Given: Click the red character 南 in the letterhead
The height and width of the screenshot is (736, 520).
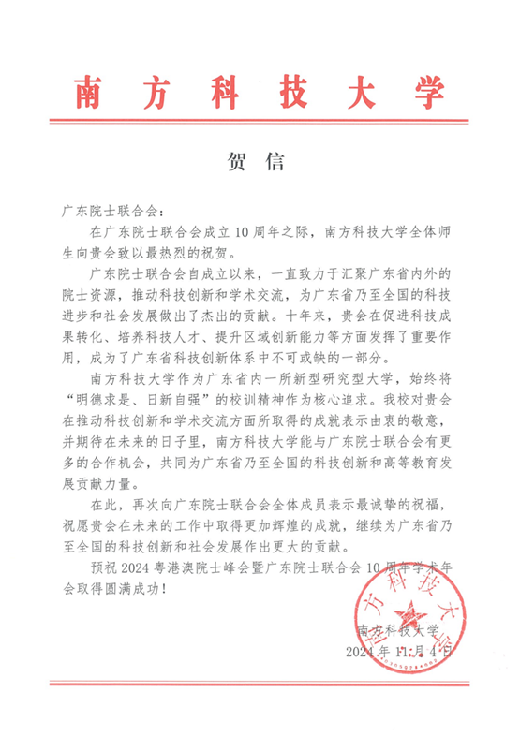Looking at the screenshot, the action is click(x=97, y=92).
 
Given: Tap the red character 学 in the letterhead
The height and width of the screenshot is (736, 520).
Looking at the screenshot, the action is click(x=423, y=92).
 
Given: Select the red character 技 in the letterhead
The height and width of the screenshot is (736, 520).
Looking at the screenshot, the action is click(x=261, y=92).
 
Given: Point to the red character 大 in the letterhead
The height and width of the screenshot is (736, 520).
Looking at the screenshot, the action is click(x=343, y=92).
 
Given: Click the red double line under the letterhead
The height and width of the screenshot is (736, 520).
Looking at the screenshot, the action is click(x=260, y=120).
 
